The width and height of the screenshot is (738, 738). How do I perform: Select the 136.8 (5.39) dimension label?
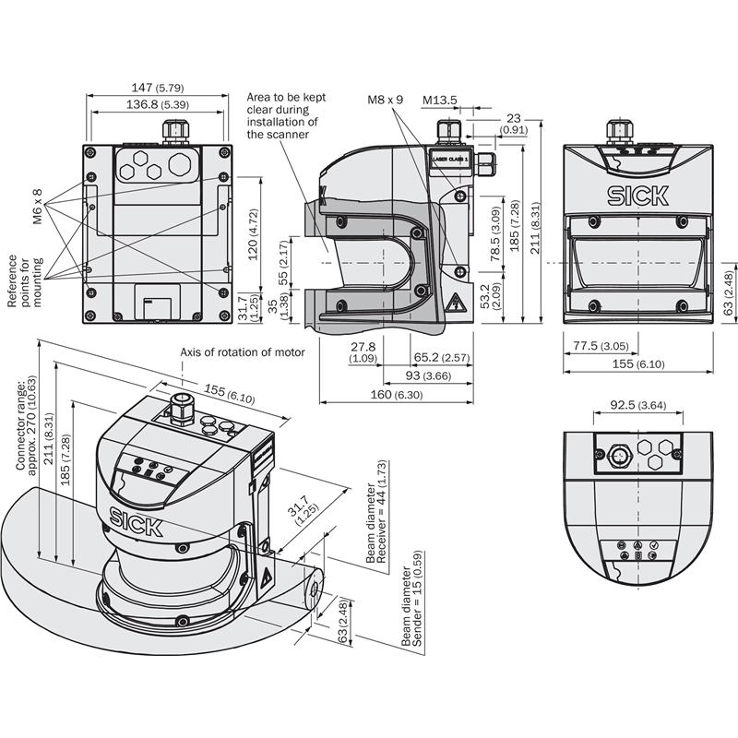[157, 104]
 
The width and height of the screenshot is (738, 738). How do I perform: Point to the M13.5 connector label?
[441, 100]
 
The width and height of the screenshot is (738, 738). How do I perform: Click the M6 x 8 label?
[38, 206]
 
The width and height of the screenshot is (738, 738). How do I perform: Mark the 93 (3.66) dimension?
[426, 376]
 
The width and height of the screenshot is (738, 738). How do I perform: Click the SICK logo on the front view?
[635, 195]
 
